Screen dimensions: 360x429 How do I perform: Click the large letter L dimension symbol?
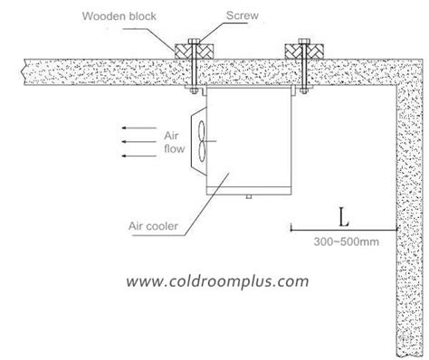click(x=341, y=216)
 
